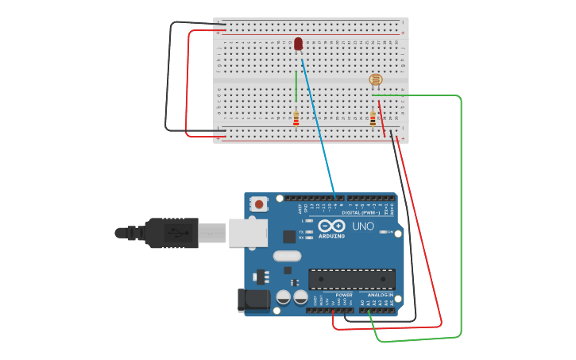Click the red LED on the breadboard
tap(298, 44)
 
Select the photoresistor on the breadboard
tap(376, 79)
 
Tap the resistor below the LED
tap(296, 118)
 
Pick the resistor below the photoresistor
tap(373, 118)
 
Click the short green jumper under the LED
tap(296, 86)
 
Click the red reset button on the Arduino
tap(257, 204)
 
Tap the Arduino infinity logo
tap(331, 226)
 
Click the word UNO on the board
tap(363, 226)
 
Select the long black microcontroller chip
tap(351, 279)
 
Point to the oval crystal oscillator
tap(287, 256)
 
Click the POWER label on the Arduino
tap(344, 295)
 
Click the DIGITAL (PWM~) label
tap(360, 212)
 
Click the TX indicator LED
tap(308, 231)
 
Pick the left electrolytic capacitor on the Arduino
tap(284, 297)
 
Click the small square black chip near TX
tap(289, 236)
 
